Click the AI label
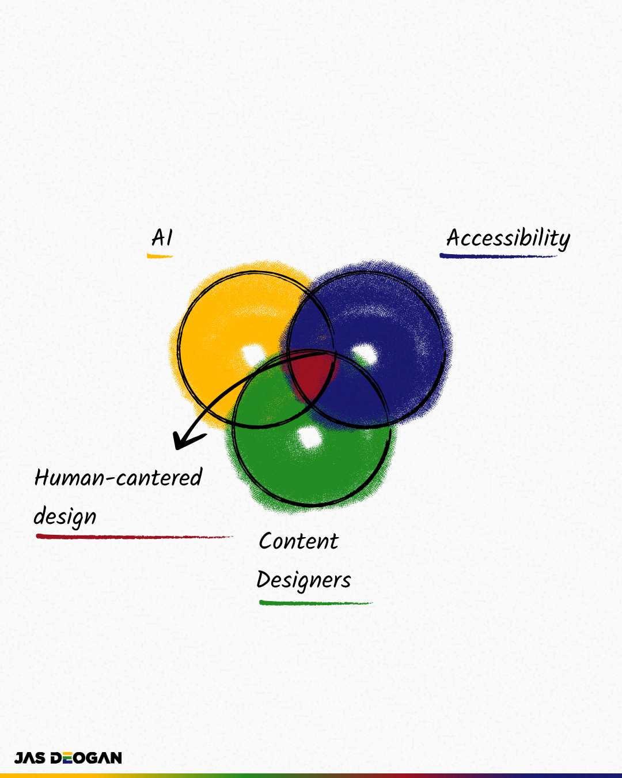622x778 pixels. tap(162, 238)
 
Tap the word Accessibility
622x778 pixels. tap(508, 238)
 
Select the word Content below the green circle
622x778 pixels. tap(298, 541)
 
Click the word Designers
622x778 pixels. tap(304, 580)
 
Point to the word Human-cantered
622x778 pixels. tap(118, 478)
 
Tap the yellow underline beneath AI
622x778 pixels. tap(160, 255)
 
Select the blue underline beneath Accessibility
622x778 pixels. tap(498, 255)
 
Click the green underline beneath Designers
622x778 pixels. tap(315, 603)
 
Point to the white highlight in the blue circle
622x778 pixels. tap(364, 353)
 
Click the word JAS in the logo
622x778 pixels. tap(30, 758)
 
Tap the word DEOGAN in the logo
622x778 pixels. tap(86, 758)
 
